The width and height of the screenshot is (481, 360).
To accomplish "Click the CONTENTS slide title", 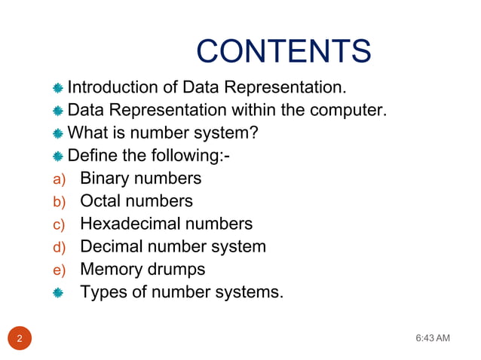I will tap(283, 51).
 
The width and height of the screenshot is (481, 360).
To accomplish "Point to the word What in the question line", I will tap(87, 134).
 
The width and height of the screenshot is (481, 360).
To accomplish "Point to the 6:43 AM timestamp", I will tap(433, 337).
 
